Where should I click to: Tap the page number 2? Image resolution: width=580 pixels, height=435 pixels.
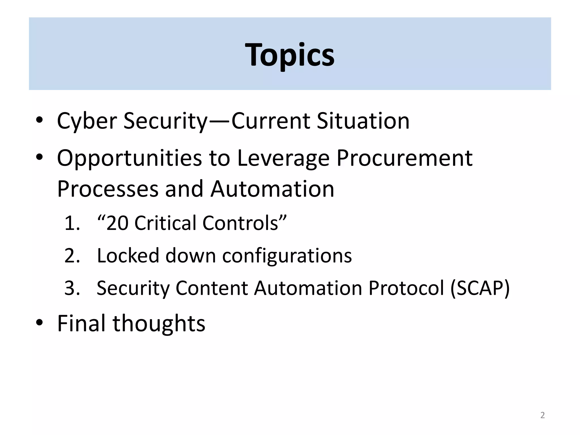click(542, 415)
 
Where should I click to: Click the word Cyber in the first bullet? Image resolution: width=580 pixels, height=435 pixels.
click(87, 121)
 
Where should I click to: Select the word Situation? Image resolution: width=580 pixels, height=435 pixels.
click(363, 121)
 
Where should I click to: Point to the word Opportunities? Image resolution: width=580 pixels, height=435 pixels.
click(129, 159)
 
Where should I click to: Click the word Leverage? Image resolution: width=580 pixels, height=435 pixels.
click(283, 159)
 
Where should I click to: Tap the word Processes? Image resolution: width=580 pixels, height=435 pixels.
click(108, 189)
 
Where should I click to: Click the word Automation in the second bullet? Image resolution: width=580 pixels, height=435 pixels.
click(272, 189)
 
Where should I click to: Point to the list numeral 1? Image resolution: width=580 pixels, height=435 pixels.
click(72, 223)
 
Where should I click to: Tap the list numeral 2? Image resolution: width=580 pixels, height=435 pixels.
click(72, 256)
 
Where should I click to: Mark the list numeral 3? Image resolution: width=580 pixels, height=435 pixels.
click(72, 288)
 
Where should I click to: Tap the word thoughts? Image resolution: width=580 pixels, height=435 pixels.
click(159, 324)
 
